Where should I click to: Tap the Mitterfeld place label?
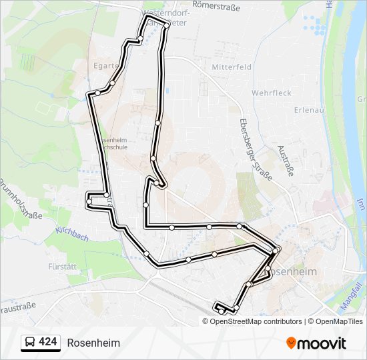[x=232, y=67]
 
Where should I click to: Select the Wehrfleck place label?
[x=272, y=93]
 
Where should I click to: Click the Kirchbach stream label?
[x=71, y=229]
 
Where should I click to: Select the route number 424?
[x=48, y=342]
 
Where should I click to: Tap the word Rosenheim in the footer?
[x=93, y=343]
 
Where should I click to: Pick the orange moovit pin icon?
[x=291, y=343]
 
